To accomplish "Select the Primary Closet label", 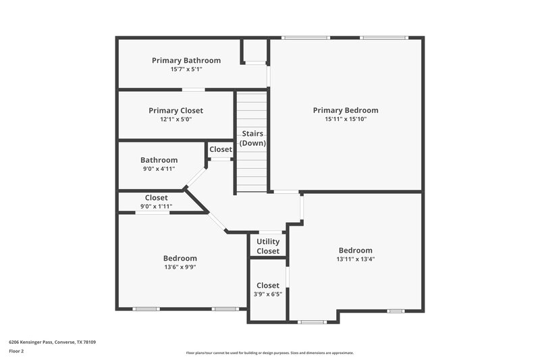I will point(175,110).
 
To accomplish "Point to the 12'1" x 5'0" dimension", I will point(175,119).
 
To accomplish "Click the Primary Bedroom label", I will point(346,110).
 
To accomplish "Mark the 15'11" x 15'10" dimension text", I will point(346,119).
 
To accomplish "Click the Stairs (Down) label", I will point(254,138).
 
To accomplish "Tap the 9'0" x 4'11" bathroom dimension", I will point(159,169).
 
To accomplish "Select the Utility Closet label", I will point(268,247).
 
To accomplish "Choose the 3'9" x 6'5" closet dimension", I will point(268,294).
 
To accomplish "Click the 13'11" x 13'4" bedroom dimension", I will point(355,259).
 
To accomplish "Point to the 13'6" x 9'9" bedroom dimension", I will point(180,267).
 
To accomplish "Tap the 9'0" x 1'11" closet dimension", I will point(157,206).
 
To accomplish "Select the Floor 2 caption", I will point(17,351).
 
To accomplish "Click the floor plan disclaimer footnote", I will point(269,353).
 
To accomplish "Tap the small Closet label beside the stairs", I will point(221,149).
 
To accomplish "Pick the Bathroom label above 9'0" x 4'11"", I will point(159,160).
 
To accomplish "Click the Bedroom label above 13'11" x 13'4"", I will point(355,250).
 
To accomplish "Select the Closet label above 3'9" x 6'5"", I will point(268,286).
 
